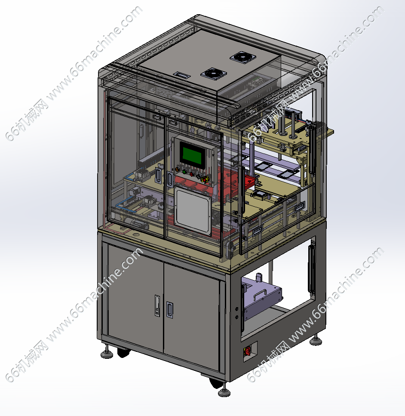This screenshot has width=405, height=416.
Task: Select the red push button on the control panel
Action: [191, 174]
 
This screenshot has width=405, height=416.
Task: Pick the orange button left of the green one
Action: [178, 169]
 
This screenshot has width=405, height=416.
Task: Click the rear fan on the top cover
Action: [243, 57]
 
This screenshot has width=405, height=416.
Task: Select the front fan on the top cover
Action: [214, 74]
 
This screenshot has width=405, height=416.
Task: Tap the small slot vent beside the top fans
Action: [182, 75]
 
